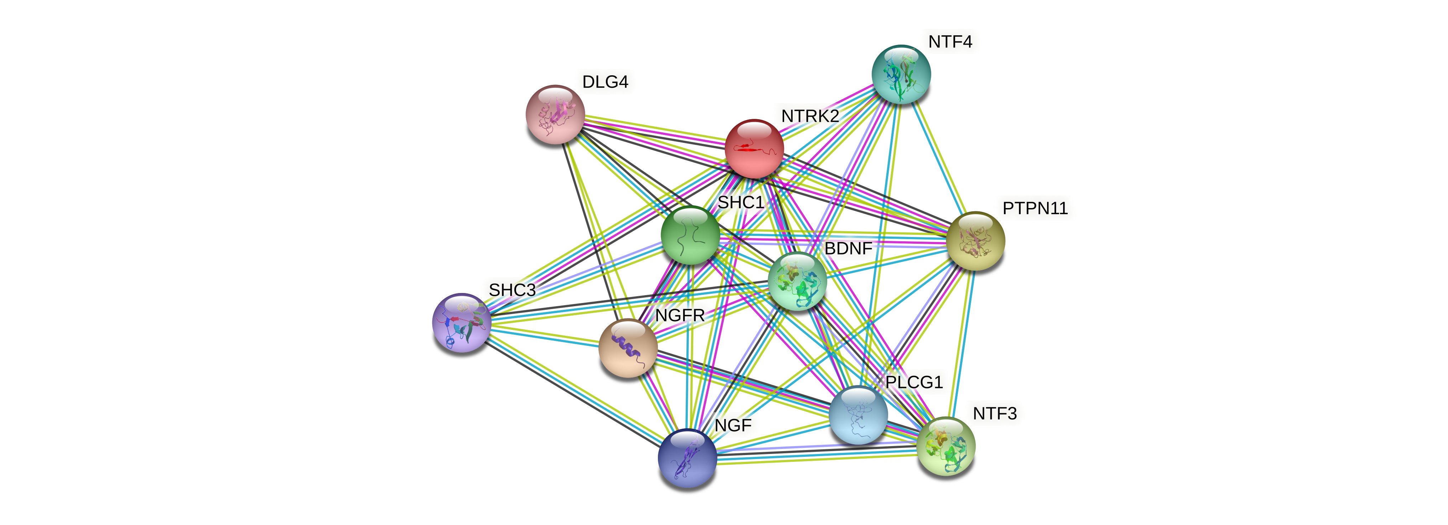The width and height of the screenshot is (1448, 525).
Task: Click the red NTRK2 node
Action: click(x=754, y=148)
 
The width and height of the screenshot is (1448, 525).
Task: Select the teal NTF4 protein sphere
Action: click(x=901, y=74)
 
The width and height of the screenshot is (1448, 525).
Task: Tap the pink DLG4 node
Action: click(x=555, y=114)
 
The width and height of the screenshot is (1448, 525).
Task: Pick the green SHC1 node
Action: click(x=690, y=235)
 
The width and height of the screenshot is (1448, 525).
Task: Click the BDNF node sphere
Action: click(x=797, y=281)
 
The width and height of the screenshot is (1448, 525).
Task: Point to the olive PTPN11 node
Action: click(x=975, y=241)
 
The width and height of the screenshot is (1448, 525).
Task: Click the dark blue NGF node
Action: click(x=687, y=458)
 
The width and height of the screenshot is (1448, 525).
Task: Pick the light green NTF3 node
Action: click(x=945, y=446)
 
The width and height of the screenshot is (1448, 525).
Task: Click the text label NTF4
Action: click(x=950, y=42)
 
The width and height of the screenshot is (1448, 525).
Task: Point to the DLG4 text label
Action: click(x=605, y=82)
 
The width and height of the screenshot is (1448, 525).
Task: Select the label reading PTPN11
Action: click(x=1035, y=208)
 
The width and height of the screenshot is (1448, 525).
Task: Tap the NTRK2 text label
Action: click(x=810, y=116)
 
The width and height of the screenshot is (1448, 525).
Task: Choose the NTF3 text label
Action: click(x=994, y=414)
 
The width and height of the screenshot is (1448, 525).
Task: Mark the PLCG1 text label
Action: click(x=913, y=383)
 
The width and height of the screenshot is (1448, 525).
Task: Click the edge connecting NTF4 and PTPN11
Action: click(x=938, y=157)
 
